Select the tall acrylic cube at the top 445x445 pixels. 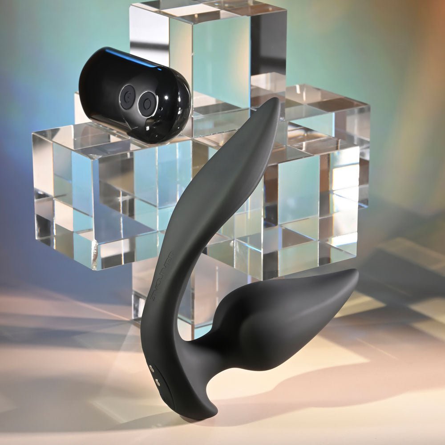[209, 53]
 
